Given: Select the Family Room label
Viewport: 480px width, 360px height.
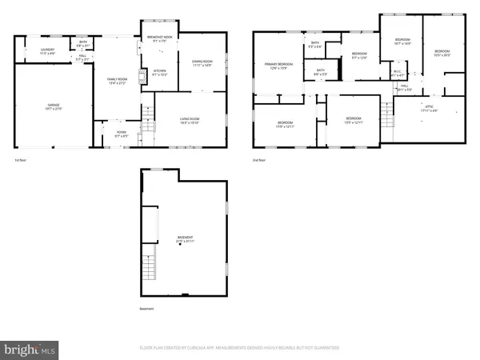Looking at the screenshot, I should click(x=118, y=79).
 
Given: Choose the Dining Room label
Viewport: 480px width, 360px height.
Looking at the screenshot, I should click(x=200, y=63).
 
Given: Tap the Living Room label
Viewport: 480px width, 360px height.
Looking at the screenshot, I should click(x=189, y=121).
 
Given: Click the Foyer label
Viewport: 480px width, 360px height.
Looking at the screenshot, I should click(x=122, y=134).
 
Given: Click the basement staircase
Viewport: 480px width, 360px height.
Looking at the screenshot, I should click(x=150, y=264).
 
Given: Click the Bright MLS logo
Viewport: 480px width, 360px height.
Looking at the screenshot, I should click(x=30, y=349).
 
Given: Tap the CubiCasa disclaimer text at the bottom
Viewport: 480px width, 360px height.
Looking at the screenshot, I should click(x=240, y=348).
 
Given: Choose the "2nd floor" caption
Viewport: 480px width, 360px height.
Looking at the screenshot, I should click(x=258, y=161).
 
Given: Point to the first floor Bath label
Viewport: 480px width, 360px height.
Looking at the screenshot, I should click(x=83, y=43).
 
